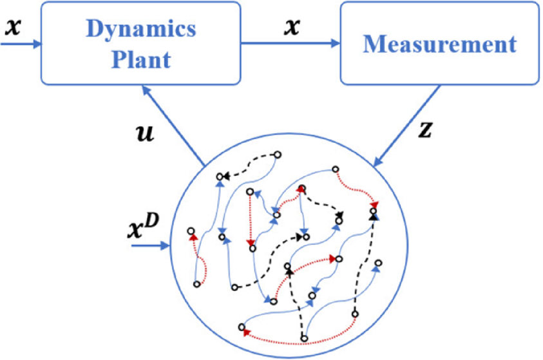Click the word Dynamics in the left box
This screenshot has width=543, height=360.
(x=141, y=30)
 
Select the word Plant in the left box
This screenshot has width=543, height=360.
(x=141, y=59)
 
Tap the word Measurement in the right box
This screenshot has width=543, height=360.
(x=440, y=44)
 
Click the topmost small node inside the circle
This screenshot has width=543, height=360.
(x=278, y=155)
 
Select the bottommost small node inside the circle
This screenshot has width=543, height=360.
(x=304, y=339)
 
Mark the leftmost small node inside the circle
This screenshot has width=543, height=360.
(x=191, y=231)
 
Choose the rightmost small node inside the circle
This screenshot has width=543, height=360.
(x=379, y=263)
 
